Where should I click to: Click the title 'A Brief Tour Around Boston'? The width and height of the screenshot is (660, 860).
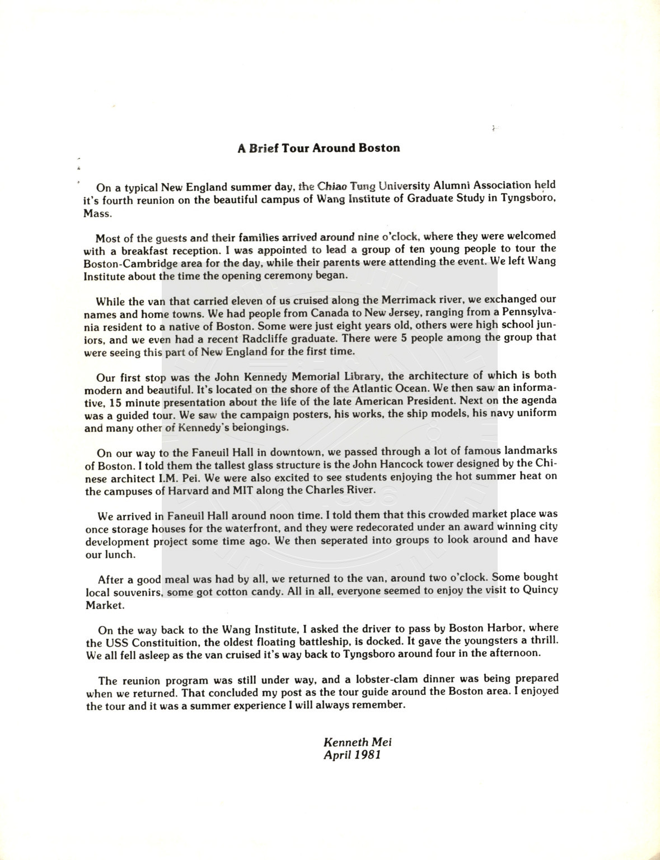319,148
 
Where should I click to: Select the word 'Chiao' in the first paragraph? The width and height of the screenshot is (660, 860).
333,186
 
